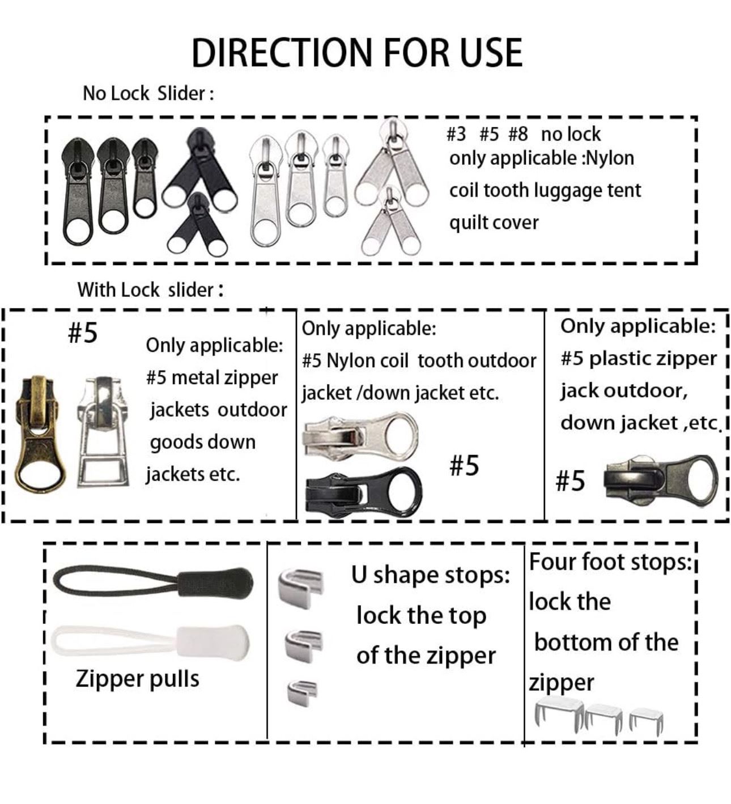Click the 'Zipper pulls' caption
pyautogui.click(x=138, y=679)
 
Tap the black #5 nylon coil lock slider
pyautogui.click(x=363, y=493)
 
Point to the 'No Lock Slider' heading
pyautogui.click(x=148, y=94)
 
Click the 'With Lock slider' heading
pyautogui.click(x=150, y=290)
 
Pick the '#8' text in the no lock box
pyautogui.click(x=518, y=134)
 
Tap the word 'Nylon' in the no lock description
pyautogui.click(x=611, y=158)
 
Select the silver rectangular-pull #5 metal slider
pyautogui.click(x=104, y=432)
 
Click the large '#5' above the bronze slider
pyautogui.click(x=83, y=333)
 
